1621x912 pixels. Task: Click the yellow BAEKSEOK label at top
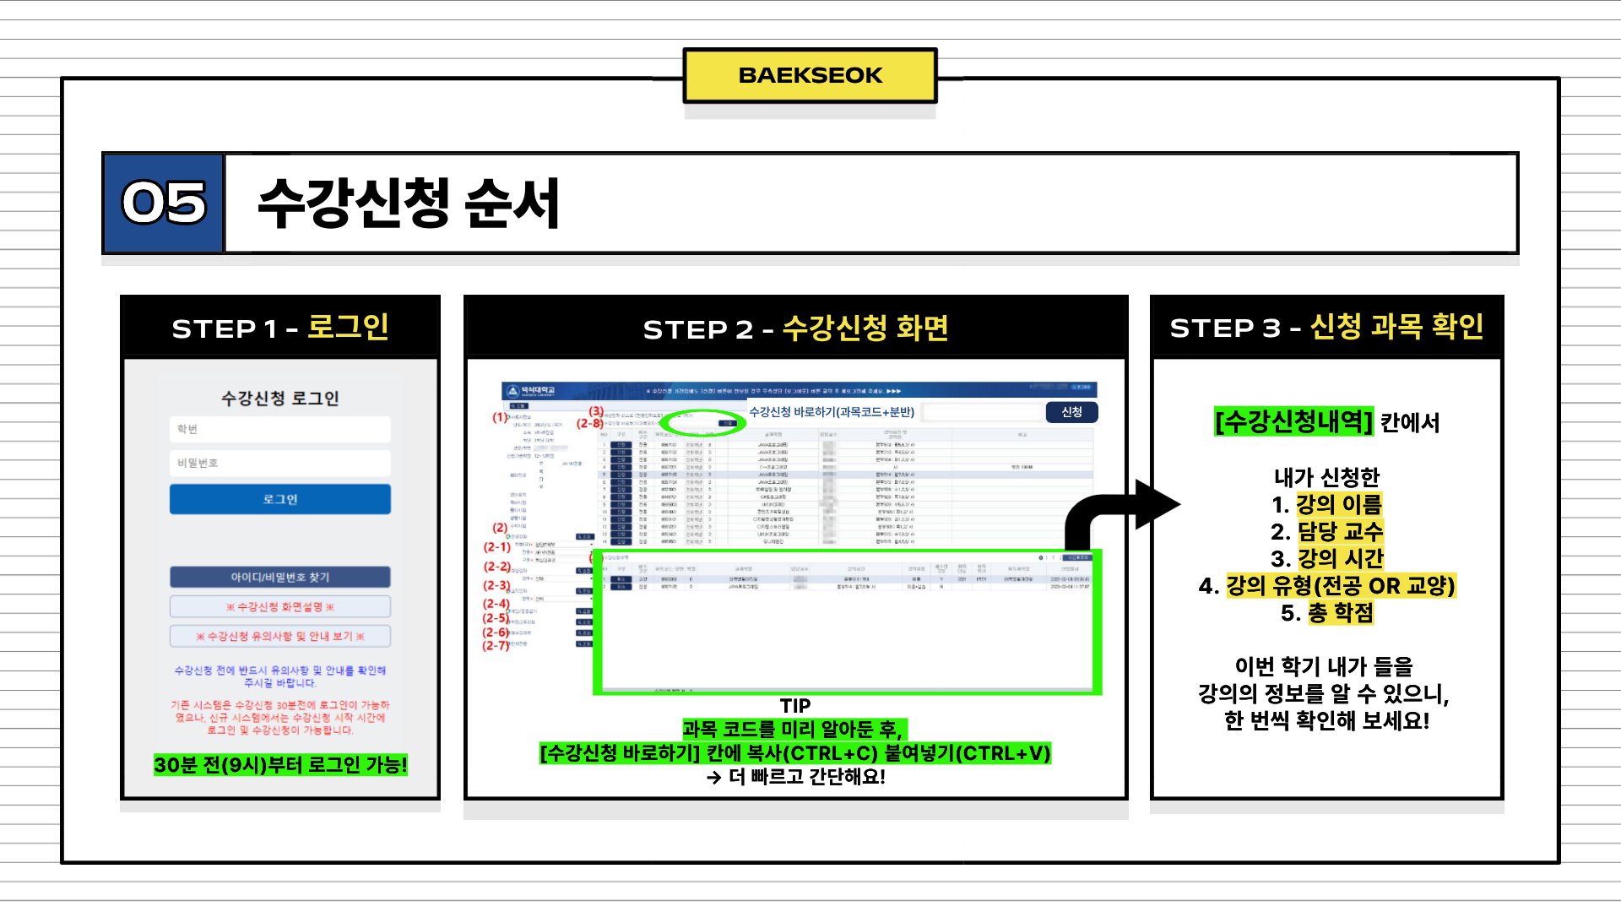click(x=810, y=75)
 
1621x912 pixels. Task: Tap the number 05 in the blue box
click(x=164, y=204)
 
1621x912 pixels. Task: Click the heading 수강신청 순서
click(x=409, y=204)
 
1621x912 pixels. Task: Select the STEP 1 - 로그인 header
click(x=280, y=328)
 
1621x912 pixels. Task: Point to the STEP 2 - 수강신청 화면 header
click(x=795, y=328)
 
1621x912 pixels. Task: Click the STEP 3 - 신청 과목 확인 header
click(x=1326, y=328)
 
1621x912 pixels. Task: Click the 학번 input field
click(x=280, y=429)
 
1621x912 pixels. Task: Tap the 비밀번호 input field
click(x=280, y=463)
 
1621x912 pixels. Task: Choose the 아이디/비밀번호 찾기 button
click(x=280, y=577)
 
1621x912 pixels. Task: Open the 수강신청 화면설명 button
click(x=280, y=606)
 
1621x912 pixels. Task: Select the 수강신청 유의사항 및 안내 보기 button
click(x=280, y=636)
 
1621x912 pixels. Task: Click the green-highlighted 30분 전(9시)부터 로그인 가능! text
click(x=280, y=765)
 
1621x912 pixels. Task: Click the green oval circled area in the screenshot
click(x=703, y=422)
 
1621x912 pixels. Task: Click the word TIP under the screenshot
click(x=795, y=706)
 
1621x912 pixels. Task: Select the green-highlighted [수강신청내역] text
click(x=1293, y=421)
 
